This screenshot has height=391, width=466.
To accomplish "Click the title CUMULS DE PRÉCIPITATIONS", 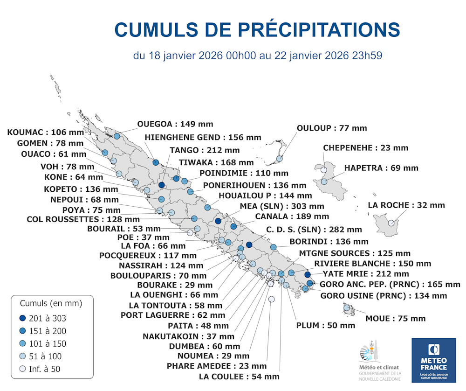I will [257, 29].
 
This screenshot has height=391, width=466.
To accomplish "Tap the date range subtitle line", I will [258, 56].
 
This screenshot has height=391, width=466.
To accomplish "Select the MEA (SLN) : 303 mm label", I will [282, 206].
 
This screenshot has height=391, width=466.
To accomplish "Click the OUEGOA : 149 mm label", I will [175, 124].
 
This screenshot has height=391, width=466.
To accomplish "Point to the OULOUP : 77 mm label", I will [332, 128].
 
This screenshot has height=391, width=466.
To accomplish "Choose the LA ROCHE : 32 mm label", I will [406, 205].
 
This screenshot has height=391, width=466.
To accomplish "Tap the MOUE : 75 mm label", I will [396, 319].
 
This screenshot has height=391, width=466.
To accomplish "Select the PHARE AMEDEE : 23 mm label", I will [217, 366].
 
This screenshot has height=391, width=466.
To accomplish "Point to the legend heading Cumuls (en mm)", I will [51, 303].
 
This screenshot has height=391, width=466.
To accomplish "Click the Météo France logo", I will [433, 360].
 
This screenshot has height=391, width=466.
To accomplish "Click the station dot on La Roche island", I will [391, 223].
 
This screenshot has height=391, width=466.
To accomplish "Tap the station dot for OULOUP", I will [279, 159].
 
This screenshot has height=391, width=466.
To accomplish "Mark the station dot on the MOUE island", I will [347, 307].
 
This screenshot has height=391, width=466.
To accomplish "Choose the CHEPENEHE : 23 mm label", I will [365, 148].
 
